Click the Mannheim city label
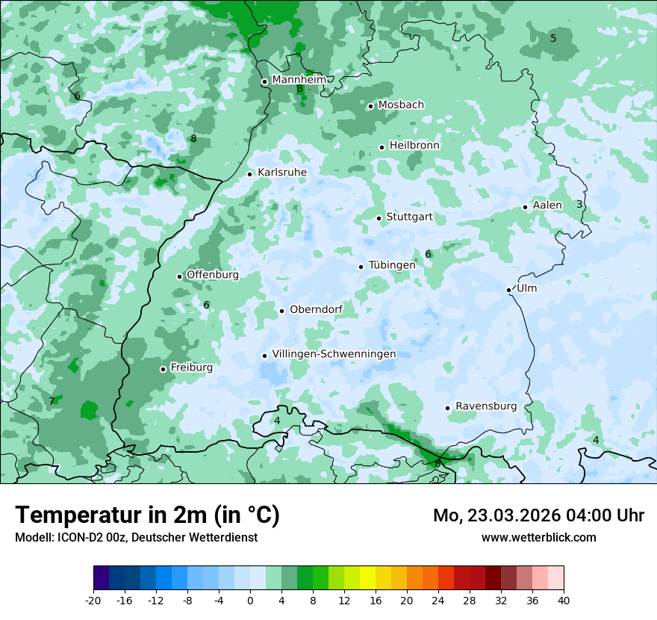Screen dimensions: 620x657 [299, 80]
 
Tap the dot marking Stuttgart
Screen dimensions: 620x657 [379, 218]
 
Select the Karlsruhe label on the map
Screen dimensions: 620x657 [282, 173]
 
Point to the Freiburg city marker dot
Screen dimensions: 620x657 [163, 369]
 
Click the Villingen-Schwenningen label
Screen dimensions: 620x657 [334, 354]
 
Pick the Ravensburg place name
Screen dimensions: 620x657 [486, 406]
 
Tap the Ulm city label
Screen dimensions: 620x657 [526, 288]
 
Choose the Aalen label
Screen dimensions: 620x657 [547, 205]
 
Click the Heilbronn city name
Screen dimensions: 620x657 [414, 146]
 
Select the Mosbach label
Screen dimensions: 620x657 [401, 105]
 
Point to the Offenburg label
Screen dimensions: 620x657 [213, 275]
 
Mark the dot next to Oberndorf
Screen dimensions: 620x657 [281, 311]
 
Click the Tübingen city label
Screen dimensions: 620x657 [392, 265]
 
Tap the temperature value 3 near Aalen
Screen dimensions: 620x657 [579, 204]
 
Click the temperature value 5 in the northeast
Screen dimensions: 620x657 [553, 38]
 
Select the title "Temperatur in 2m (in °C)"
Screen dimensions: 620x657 [148, 515]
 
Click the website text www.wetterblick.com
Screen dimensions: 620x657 [538, 537]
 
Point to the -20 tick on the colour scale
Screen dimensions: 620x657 [93, 600]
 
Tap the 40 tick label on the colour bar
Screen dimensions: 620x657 [564, 600]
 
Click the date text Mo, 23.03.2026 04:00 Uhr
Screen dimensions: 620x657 [538, 515]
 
